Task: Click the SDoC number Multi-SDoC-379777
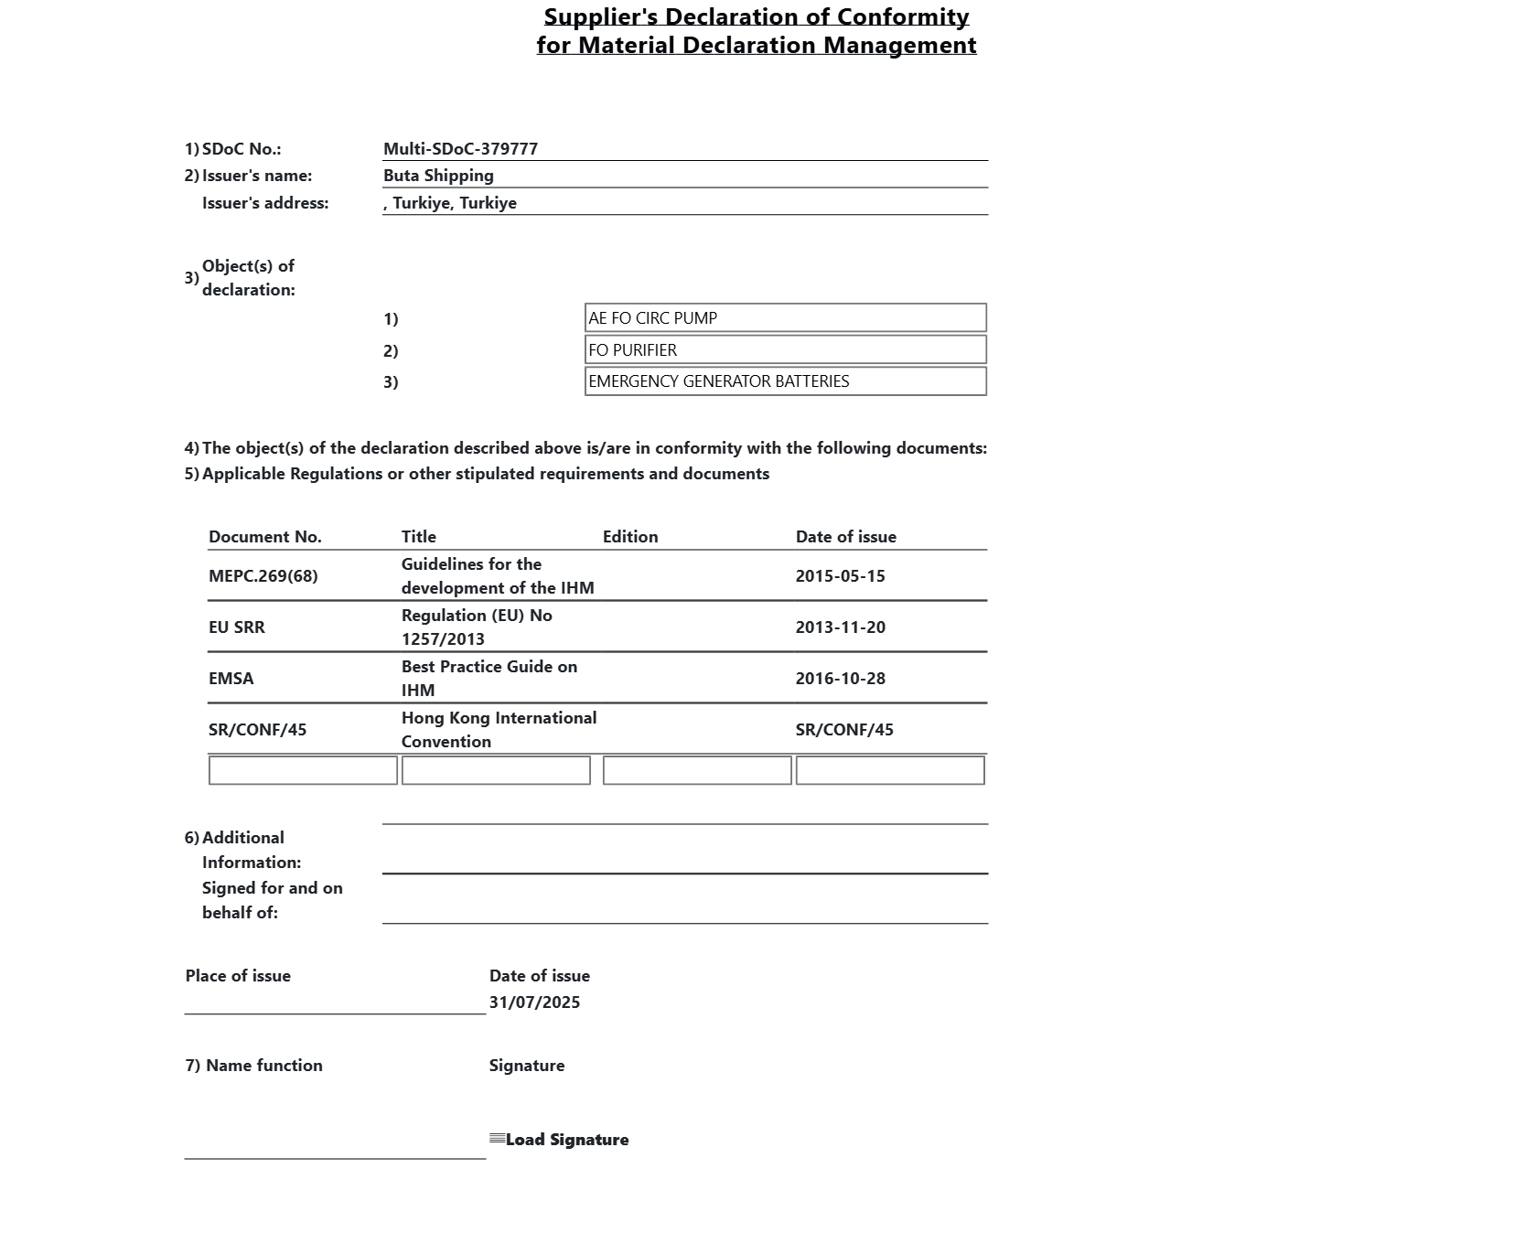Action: coord(460,149)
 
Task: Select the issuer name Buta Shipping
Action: coord(438,176)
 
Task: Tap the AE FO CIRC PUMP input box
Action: coord(785,318)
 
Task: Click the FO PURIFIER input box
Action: coord(785,350)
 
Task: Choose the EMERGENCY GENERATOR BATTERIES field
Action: coord(785,381)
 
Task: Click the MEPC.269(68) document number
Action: coord(263,576)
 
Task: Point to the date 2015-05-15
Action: coord(840,576)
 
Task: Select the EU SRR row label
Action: coord(237,627)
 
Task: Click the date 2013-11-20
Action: coord(840,627)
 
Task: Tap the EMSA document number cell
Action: coord(231,679)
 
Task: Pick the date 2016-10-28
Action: coord(840,679)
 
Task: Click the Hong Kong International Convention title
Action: coord(499,730)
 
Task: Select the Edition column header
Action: coord(630,537)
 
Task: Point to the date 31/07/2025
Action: coord(534,1002)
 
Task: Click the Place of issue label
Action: coord(238,976)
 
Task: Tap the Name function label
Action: coord(254,1066)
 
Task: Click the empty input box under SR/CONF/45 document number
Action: coord(303,770)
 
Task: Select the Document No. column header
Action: coord(265,537)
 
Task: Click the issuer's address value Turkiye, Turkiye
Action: coord(450,203)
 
